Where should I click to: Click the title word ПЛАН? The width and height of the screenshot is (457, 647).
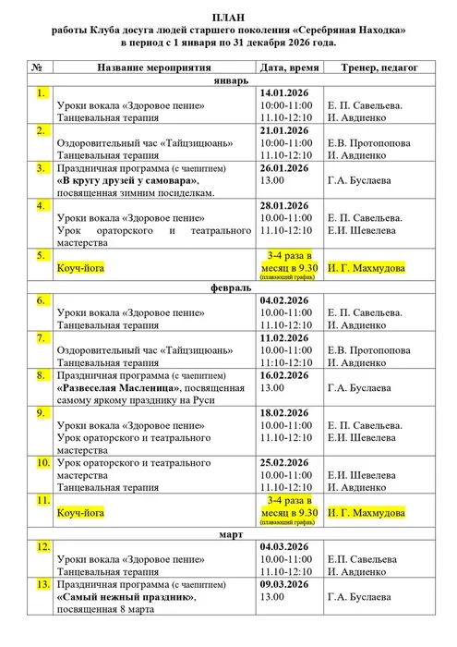point(228,17)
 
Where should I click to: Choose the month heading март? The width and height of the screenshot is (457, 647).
point(228,534)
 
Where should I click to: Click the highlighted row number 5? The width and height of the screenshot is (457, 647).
point(41,254)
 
